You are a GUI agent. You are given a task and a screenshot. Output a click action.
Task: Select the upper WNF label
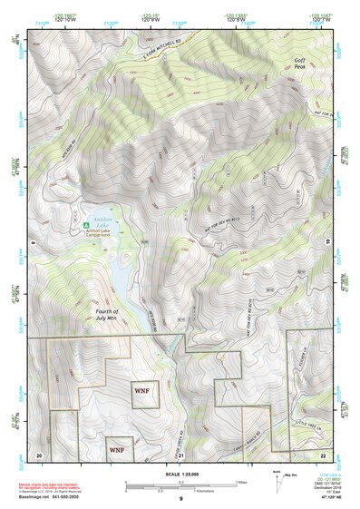[141, 391]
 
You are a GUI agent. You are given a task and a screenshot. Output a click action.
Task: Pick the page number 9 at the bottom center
[180, 500]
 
